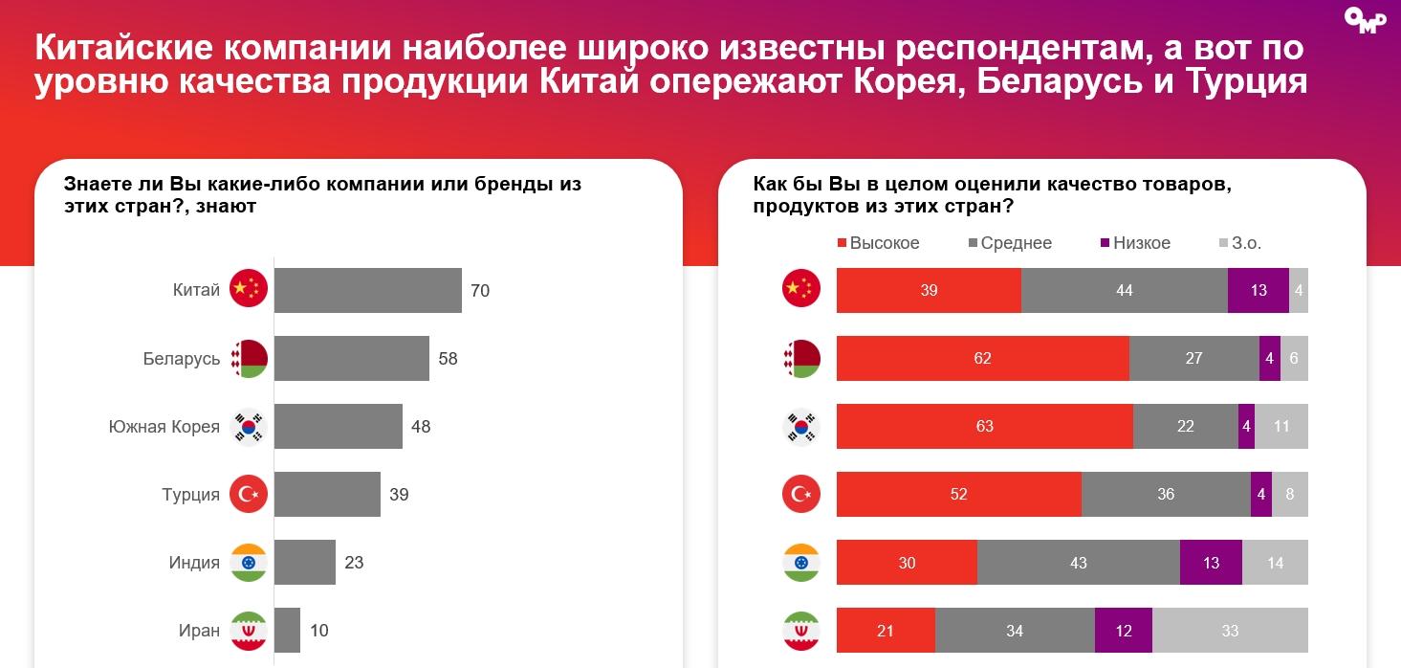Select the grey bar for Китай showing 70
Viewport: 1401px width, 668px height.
point(367,290)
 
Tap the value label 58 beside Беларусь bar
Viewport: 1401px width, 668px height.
point(448,359)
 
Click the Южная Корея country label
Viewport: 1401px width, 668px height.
point(164,427)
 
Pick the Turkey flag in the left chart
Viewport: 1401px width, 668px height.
point(249,495)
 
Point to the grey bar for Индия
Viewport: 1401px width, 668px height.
point(304,563)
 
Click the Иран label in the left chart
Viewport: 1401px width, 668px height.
point(199,631)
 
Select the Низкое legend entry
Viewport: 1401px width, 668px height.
point(1135,243)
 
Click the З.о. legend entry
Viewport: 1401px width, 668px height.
point(1240,243)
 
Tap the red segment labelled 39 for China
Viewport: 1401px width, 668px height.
point(929,290)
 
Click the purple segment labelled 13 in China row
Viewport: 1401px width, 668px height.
point(1258,290)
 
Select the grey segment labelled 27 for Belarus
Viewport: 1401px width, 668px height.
point(1193,358)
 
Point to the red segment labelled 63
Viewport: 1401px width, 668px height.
point(984,426)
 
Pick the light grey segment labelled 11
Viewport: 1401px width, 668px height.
point(1281,426)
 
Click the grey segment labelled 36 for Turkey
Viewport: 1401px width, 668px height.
point(1166,494)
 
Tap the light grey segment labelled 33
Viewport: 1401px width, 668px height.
point(1230,631)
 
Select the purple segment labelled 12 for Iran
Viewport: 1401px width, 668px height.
point(1123,631)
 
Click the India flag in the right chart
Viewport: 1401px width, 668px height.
point(801,563)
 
